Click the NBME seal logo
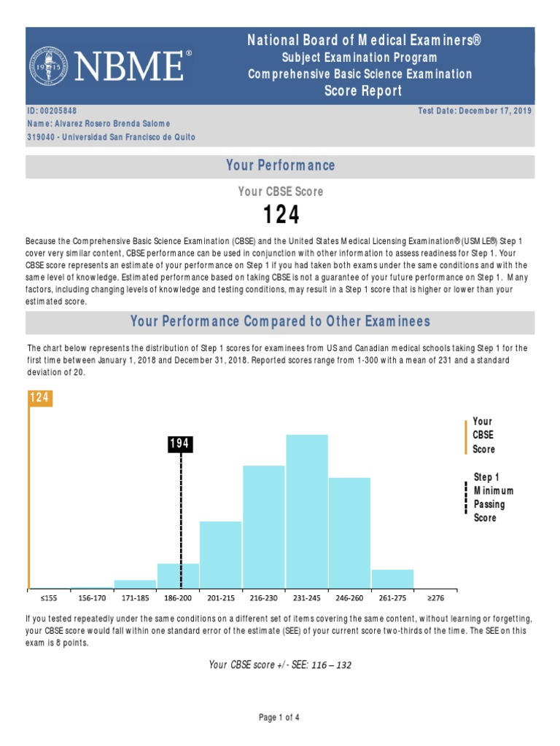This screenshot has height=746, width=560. tap(50, 66)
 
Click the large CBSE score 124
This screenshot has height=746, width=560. tap(280, 216)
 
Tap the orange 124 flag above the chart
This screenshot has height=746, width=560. tap(40, 398)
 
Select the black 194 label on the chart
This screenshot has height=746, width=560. tap(181, 444)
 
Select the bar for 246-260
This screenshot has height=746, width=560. tap(349, 533)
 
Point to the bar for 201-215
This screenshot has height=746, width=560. tap(221, 554)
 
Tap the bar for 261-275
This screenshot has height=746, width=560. tap(392, 578)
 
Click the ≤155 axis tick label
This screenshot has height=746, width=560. tap(49, 598)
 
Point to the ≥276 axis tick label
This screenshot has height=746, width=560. tap(435, 598)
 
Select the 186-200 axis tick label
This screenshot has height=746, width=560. tap(179, 598)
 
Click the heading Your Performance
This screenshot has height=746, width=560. tap(280, 165)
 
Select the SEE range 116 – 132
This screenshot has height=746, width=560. tap(327, 665)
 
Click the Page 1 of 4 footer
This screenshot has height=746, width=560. tap(279, 718)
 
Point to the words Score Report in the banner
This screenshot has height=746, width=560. tap(362, 91)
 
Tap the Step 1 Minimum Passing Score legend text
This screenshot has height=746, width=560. tap(493, 498)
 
